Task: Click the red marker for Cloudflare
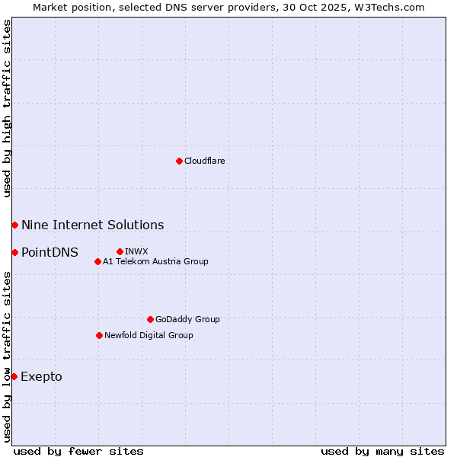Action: pos(179,161)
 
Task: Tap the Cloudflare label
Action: pos(204,161)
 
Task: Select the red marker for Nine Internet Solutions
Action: pos(14,225)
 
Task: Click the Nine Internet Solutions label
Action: pos(92,225)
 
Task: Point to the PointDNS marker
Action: pos(14,252)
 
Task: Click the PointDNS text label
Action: pos(50,252)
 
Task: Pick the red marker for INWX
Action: pos(120,251)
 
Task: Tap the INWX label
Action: pos(136,251)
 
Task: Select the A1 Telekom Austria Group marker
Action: pos(97,261)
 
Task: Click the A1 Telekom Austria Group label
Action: pos(155,261)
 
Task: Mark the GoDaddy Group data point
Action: pos(150,319)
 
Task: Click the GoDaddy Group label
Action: pos(187,319)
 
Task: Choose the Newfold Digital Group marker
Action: pos(99,335)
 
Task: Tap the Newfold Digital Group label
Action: pos(149,335)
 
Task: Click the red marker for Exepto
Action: pos(14,376)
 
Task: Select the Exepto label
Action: pos(41,376)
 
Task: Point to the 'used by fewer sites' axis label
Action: pos(78,451)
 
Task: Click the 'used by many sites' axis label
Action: pos(382,451)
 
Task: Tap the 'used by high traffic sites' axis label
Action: pos(7,108)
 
